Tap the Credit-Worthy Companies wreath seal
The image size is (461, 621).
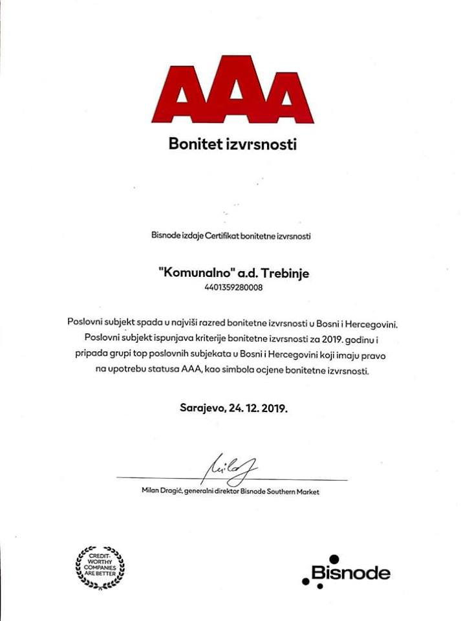pyautogui.click(x=100, y=567)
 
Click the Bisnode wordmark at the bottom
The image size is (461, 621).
pyautogui.click(x=350, y=572)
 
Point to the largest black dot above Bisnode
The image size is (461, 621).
pyautogui.click(x=334, y=558)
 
